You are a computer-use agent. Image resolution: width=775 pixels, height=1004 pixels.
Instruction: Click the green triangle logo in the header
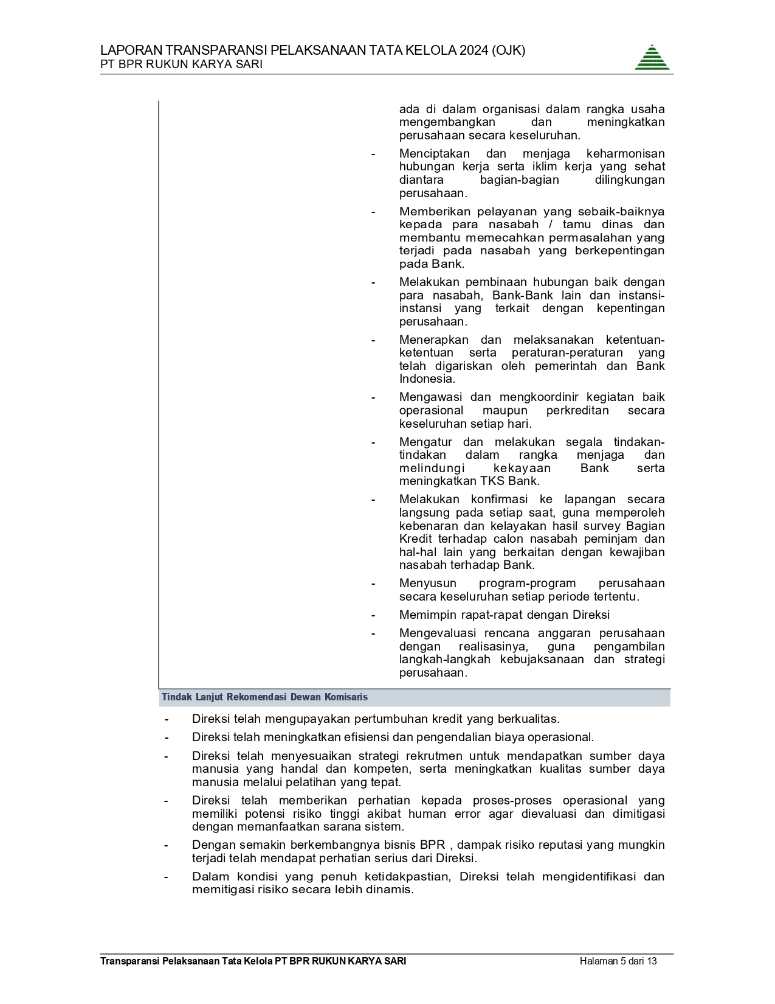(x=652, y=58)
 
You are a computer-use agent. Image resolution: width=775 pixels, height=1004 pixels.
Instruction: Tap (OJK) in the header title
(x=509, y=51)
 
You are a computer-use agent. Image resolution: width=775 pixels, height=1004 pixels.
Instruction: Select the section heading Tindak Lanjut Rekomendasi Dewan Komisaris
(x=264, y=697)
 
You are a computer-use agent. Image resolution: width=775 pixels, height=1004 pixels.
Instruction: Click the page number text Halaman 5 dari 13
(x=618, y=961)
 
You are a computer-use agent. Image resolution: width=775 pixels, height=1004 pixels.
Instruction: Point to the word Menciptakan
(x=434, y=153)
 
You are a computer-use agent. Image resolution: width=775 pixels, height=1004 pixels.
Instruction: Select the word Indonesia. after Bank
(x=427, y=379)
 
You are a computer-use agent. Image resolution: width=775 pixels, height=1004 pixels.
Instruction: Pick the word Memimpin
(x=427, y=615)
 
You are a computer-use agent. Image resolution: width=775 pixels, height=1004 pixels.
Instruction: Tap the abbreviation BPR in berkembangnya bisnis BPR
(x=432, y=845)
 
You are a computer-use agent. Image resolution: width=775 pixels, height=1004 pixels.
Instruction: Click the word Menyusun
(x=427, y=584)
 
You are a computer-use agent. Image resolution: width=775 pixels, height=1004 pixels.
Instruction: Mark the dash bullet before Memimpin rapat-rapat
(x=374, y=615)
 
